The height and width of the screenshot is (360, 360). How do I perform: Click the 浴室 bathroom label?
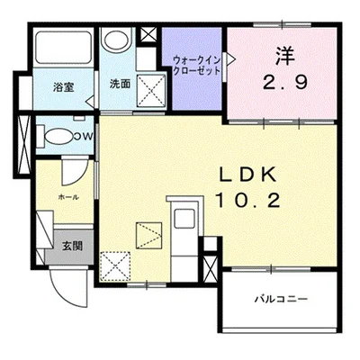63,87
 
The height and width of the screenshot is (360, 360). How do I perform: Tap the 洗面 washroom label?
120,84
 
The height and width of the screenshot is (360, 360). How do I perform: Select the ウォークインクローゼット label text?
197,66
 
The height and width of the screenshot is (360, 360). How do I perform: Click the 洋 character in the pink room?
285,56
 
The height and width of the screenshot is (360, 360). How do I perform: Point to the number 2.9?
285,82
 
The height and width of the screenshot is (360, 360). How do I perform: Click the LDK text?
247,175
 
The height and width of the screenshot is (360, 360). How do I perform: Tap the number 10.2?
247,200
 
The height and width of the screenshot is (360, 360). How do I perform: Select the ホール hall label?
68,197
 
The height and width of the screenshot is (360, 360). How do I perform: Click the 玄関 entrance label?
72,246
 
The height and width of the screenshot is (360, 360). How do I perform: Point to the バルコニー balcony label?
281,299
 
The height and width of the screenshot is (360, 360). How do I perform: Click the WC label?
83,136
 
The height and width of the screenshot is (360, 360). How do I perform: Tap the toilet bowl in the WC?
58,137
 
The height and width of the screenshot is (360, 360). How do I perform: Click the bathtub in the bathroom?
64,47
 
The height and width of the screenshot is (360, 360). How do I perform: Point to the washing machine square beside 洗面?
151,90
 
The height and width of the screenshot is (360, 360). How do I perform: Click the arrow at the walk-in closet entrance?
230,58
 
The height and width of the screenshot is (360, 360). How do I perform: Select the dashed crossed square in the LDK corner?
115,266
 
